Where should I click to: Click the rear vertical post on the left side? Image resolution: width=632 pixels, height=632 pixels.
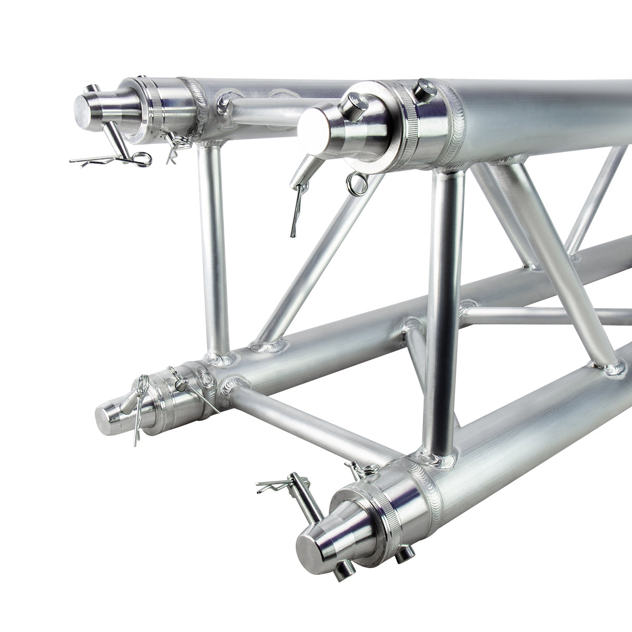213,248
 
